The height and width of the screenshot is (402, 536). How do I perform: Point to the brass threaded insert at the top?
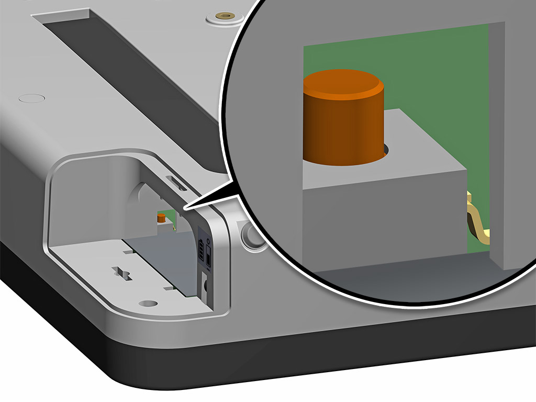[226, 16]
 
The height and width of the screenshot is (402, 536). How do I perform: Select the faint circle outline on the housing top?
[31, 97]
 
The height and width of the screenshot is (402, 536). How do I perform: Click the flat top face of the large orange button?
[343, 84]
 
